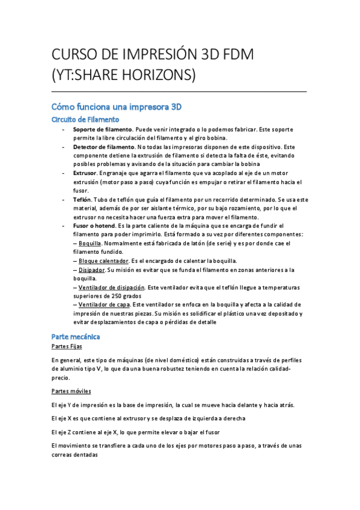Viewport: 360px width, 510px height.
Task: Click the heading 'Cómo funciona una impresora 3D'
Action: coord(116,106)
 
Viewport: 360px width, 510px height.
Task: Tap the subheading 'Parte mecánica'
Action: coord(76,336)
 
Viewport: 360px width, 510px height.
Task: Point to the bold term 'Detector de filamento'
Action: coord(104,147)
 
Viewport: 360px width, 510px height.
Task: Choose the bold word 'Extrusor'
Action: coord(87,173)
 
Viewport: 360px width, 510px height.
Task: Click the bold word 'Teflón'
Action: coord(82,199)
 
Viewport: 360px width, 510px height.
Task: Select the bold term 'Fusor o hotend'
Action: coord(95,226)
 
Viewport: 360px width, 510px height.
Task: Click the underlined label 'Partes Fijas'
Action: coord(67,347)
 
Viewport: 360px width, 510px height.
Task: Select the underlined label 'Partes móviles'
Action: coord(70,391)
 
